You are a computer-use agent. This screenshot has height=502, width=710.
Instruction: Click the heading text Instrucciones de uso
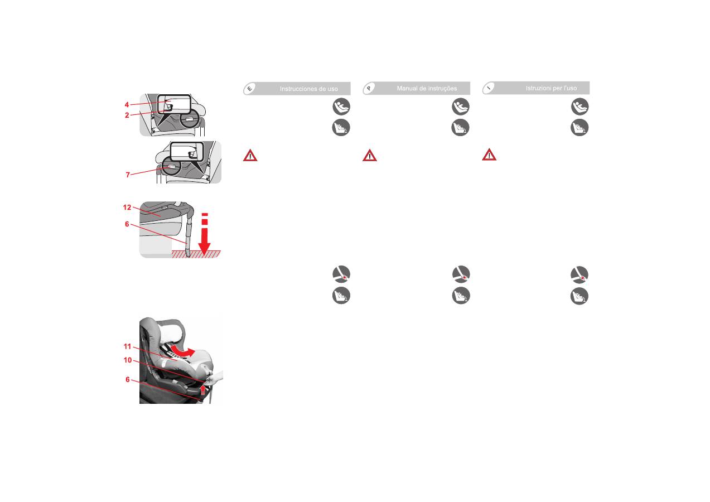point(309,89)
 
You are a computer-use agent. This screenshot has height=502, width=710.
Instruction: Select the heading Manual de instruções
point(427,89)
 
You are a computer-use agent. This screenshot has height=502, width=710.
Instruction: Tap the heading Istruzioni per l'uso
point(551,88)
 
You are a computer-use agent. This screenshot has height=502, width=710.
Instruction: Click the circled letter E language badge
point(250,89)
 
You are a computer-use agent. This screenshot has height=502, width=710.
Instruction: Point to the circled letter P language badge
point(369,89)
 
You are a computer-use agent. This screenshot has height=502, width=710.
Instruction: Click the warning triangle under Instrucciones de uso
point(250,155)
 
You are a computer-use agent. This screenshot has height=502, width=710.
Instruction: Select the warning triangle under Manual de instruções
point(370,155)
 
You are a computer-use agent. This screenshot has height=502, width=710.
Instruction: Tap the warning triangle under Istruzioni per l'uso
point(489,155)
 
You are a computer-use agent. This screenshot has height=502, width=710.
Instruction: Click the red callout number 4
point(127,105)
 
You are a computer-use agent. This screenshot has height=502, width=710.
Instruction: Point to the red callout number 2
point(127,115)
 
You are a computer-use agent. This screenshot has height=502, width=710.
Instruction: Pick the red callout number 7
point(128,175)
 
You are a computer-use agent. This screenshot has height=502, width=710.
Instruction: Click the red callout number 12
point(127,207)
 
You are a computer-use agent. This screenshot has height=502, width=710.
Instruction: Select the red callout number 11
point(127,346)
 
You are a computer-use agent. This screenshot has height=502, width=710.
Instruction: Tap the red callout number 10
point(127,360)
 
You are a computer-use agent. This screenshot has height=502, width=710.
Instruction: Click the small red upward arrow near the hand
point(203,389)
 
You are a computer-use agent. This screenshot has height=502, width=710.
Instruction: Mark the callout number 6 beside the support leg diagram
point(127,224)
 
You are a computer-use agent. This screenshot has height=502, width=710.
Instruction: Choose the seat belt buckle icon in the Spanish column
point(341,274)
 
